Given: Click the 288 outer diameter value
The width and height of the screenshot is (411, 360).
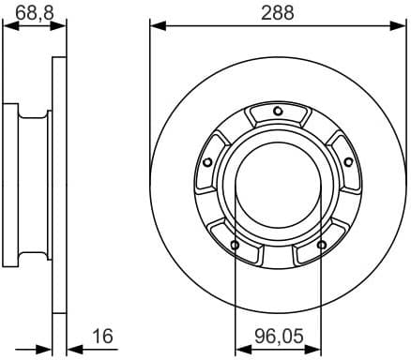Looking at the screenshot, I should pyautogui.click(x=278, y=12).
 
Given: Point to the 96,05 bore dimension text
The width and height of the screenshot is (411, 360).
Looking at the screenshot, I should pyautogui.click(x=278, y=335).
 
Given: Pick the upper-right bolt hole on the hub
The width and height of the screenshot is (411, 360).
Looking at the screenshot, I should pyautogui.click(x=348, y=162).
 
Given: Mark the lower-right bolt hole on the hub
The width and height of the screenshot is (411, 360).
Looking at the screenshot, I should pyautogui.click(x=322, y=246).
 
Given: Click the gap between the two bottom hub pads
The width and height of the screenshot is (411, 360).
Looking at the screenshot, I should pyautogui.click(x=278, y=257).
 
